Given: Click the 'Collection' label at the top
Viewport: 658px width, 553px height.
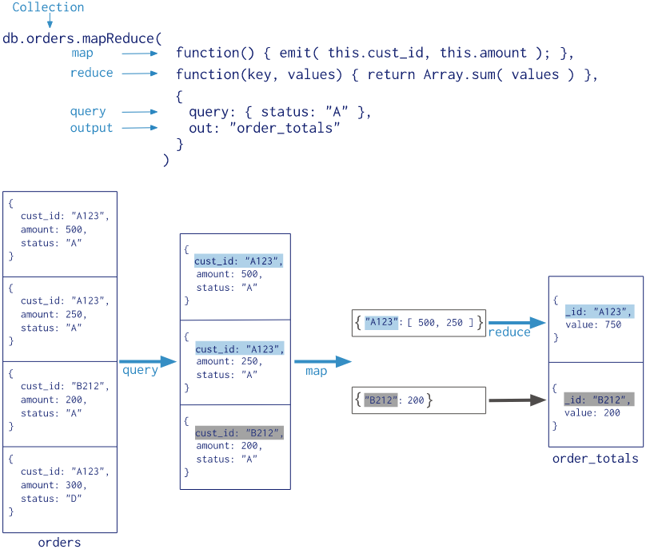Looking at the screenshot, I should pyautogui.click(x=48, y=7).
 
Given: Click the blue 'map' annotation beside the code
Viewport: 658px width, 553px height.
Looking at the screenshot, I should pyautogui.click(x=82, y=53).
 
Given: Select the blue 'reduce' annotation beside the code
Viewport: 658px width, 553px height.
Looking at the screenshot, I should pyautogui.click(x=91, y=73).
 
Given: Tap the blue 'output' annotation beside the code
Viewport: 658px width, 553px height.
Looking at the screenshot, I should pyautogui.click(x=91, y=128).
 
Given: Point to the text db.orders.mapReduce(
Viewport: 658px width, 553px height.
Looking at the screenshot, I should pyautogui.click(x=82, y=38).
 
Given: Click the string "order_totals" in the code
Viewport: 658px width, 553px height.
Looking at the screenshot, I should pyautogui.click(x=285, y=128).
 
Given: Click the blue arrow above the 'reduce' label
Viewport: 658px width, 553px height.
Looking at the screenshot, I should pyautogui.click(x=516, y=322).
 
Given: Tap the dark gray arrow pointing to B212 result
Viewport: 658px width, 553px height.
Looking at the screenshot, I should pyautogui.click(x=516, y=400).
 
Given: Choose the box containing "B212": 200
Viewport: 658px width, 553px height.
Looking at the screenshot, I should pyautogui.click(x=418, y=400).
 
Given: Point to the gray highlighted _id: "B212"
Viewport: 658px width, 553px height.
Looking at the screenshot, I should pyautogui.click(x=599, y=400).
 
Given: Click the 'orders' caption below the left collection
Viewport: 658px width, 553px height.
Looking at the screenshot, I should pyautogui.click(x=59, y=543).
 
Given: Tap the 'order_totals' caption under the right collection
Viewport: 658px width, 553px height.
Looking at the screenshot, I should pyautogui.click(x=595, y=459).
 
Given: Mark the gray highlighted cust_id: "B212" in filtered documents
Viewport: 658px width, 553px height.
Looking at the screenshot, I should pyautogui.click(x=238, y=433).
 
